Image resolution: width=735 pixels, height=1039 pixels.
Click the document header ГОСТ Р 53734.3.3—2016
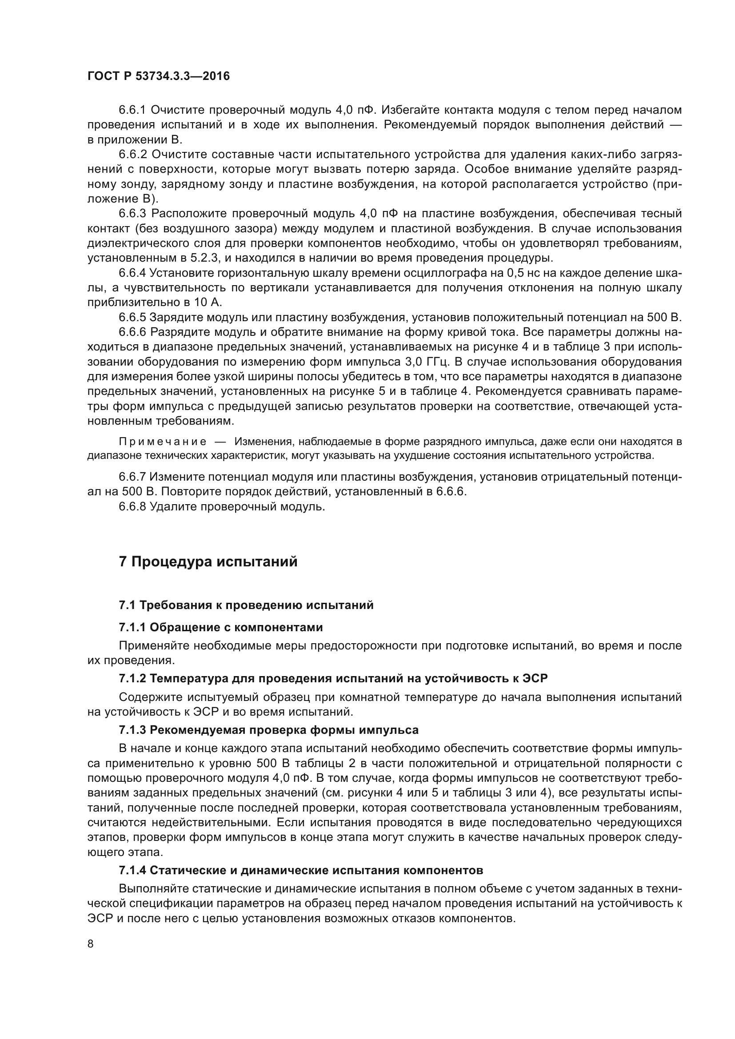(x=158, y=76)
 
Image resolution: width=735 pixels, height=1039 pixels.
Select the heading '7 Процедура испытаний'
(x=208, y=561)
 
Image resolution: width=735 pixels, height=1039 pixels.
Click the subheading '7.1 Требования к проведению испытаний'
(x=246, y=605)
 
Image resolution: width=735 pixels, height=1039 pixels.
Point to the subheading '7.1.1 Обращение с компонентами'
(x=221, y=627)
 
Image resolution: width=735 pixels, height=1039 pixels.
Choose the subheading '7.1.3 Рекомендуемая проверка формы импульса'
(x=269, y=730)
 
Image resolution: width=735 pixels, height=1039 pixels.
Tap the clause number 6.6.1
(x=132, y=110)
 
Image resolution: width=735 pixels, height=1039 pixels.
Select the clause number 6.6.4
(x=132, y=273)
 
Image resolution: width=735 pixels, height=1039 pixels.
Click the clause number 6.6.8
(x=132, y=506)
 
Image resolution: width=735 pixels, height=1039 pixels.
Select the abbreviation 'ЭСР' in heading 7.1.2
(x=535, y=678)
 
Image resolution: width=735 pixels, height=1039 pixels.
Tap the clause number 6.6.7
(x=132, y=477)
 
